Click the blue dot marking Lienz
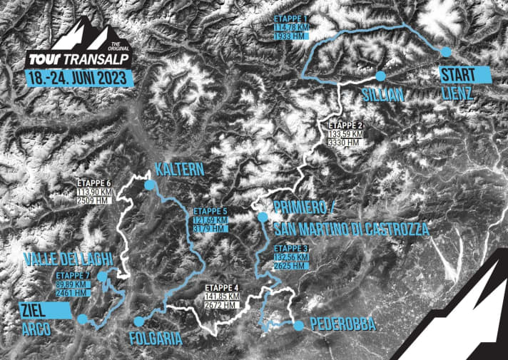[446, 51]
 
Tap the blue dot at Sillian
[380, 75]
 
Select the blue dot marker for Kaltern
[149, 185]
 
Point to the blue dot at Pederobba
[298, 325]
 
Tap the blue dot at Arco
[82, 320]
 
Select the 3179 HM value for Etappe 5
[211, 229]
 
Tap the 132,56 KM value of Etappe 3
[290, 257]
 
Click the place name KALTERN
[179, 170]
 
